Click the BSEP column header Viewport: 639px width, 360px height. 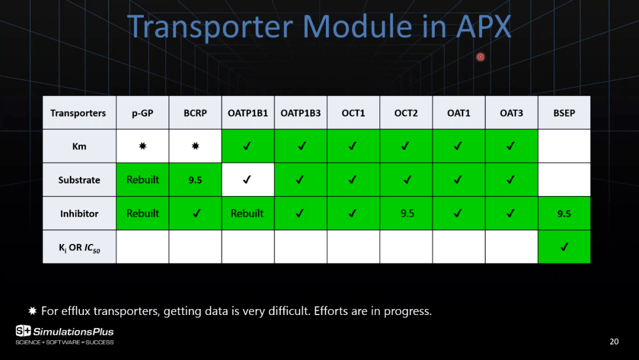(x=564, y=113)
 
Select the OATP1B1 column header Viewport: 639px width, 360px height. (x=248, y=113)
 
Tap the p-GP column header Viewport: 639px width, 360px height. (x=142, y=113)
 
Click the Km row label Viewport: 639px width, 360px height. (x=79, y=146)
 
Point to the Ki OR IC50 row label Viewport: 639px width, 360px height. (x=79, y=247)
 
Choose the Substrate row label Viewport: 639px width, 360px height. (x=79, y=180)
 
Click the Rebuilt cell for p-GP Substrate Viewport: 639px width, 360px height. (x=142, y=180)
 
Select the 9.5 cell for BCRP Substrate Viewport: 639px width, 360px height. (x=195, y=180)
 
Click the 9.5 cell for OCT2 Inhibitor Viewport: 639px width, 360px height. (x=406, y=213)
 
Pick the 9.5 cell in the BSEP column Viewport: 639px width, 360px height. (x=564, y=213)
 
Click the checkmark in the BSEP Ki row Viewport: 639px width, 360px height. (x=564, y=247)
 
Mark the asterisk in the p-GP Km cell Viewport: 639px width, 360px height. (x=143, y=146)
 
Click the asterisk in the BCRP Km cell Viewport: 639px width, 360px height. (x=196, y=146)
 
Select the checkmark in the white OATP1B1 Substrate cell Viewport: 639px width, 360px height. (x=247, y=179)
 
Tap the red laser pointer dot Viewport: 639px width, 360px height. (x=480, y=57)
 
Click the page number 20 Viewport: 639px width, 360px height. (x=614, y=342)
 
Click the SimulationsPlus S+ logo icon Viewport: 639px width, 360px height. (x=23, y=330)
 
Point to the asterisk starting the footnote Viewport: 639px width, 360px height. (x=33, y=311)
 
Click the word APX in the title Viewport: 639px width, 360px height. (x=483, y=27)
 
